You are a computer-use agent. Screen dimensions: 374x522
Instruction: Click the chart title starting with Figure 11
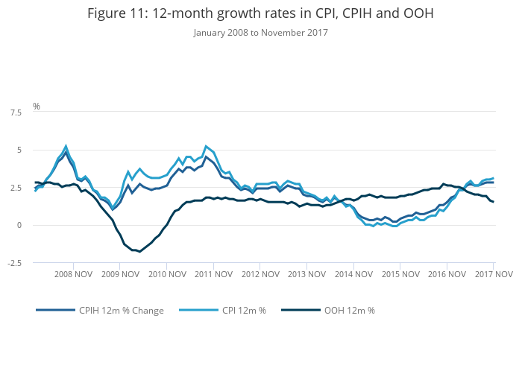[x=260, y=13]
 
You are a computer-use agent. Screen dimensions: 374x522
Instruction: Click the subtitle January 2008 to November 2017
[x=260, y=32]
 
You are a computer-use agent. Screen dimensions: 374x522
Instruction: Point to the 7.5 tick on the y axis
[x=15, y=112]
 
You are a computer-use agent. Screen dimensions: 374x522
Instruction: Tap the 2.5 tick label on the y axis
[x=15, y=188]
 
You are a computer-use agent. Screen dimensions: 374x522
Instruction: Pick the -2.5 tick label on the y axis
[x=13, y=263]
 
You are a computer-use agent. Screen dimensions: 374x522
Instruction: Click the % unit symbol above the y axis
[x=37, y=107]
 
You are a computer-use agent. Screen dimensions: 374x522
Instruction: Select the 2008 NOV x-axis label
[x=73, y=274]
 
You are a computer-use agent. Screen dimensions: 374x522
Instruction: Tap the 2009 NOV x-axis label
[x=120, y=274]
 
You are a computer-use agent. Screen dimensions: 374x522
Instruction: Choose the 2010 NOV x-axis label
[x=167, y=274]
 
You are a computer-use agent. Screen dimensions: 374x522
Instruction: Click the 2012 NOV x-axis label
[x=260, y=274]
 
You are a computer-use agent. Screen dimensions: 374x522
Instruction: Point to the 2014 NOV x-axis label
[x=354, y=274]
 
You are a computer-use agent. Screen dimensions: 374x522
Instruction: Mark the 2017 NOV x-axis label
[x=494, y=274]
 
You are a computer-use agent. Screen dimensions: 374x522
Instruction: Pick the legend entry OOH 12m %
[x=349, y=311]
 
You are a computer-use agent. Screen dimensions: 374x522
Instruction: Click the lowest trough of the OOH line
[x=139, y=251]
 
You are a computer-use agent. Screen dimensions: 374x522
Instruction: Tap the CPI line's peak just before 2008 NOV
[x=66, y=146]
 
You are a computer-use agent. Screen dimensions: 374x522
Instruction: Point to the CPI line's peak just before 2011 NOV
[x=206, y=146]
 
